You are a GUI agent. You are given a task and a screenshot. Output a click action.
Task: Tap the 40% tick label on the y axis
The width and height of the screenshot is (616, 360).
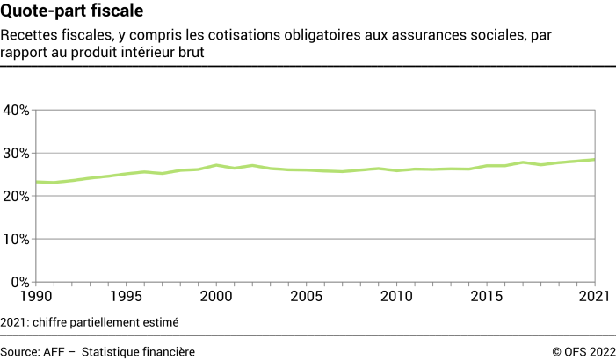[17, 110]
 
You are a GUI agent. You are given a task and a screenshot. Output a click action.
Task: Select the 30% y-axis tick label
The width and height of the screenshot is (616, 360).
[17, 153]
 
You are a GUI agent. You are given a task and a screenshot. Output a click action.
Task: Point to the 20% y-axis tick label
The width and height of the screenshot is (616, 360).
[17, 196]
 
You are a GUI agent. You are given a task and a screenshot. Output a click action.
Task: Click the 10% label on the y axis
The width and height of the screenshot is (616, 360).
[17, 239]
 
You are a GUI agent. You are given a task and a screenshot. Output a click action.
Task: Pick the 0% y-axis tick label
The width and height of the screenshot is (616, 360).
[20, 282]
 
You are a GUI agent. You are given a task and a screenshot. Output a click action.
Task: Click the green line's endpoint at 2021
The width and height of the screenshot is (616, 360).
[597, 159]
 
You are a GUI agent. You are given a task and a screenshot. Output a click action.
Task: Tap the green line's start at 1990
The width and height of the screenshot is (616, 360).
[36, 182]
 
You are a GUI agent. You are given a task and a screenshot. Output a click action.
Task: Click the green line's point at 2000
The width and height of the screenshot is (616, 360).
[217, 165]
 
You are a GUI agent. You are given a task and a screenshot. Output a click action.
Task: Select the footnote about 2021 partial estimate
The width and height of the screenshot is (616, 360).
[90, 322]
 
